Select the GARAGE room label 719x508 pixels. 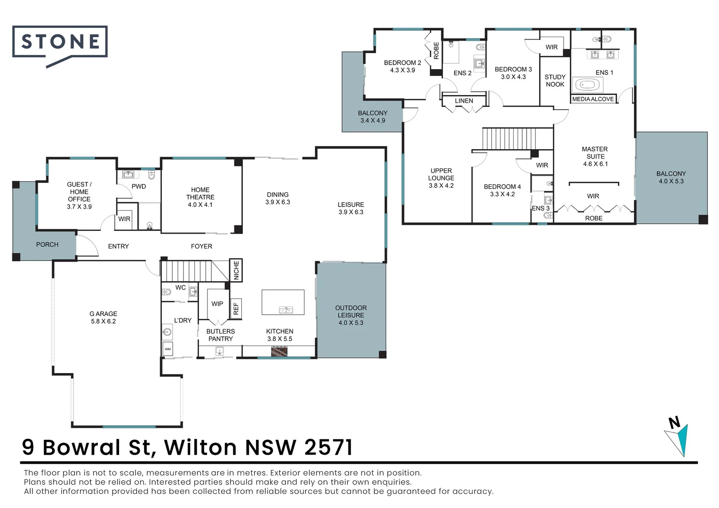pyautogui.click(x=103, y=314)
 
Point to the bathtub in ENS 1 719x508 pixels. pyautogui.click(x=587, y=85)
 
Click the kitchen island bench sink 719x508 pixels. pyautogui.click(x=285, y=310)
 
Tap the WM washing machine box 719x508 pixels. pyautogui.click(x=168, y=349)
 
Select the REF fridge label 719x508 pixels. pyautogui.click(x=236, y=309)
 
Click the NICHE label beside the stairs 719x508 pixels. pyautogui.click(x=236, y=270)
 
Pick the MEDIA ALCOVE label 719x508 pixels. pyautogui.click(x=592, y=99)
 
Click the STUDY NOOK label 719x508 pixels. pyautogui.click(x=555, y=80)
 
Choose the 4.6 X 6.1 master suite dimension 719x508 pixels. pyautogui.click(x=595, y=164)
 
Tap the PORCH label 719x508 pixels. pyautogui.click(x=47, y=245)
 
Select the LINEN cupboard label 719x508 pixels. pyautogui.click(x=464, y=101)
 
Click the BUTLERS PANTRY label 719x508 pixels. pyautogui.click(x=220, y=335)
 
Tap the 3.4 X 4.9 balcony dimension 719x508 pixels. pyautogui.click(x=373, y=120)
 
